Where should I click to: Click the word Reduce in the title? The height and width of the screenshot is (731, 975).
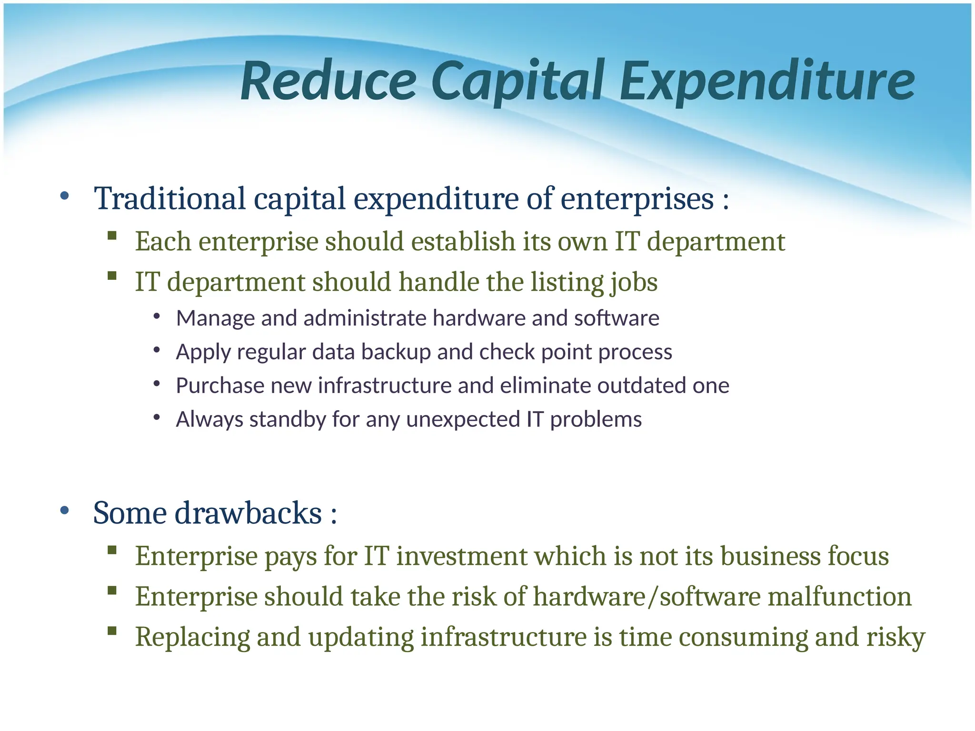click(328, 81)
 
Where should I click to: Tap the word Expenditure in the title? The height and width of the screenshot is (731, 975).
click(767, 81)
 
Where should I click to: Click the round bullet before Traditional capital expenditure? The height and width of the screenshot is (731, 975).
click(65, 196)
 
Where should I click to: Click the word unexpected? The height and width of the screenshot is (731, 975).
click(464, 420)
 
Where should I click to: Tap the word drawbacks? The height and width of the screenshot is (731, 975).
click(248, 513)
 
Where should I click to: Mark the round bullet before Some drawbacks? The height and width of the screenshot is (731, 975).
click(65, 511)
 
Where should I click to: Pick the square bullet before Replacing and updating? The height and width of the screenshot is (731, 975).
click(112, 631)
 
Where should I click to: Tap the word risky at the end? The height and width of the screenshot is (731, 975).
click(895, 638)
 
